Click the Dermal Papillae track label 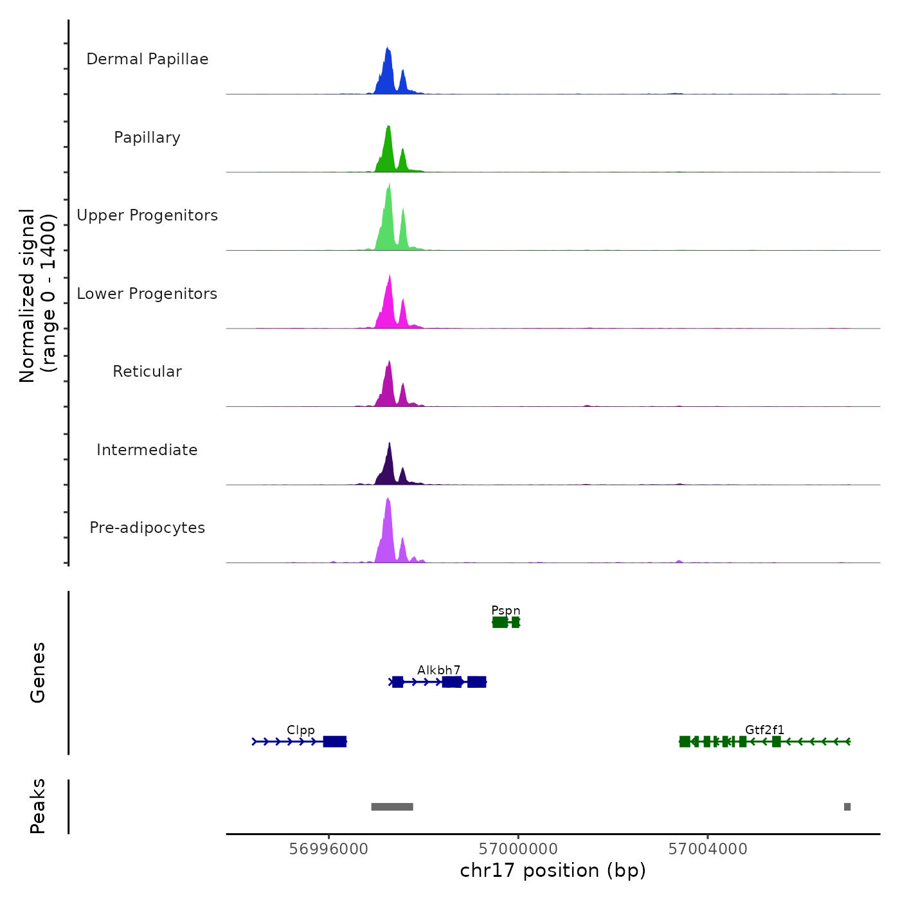tap(147, 59)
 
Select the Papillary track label tap(147, 138)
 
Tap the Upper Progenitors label tap(147, 215)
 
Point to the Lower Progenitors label tap(147, 294)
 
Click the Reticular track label tap(147, 372)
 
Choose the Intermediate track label tap(147, 450)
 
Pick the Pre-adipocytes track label tap(147, 528)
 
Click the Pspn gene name tap(506, 611)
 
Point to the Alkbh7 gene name tap(439, 670)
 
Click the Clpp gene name tap(301, 730)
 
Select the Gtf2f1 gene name tap(764, 730)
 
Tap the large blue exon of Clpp tap(335, 742)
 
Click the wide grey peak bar tap(392, 807)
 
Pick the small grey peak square tap(847, 807)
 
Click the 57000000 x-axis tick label tap(518, 849)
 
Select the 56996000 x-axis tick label tap(328, 849)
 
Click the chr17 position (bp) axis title tap(553, 870)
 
